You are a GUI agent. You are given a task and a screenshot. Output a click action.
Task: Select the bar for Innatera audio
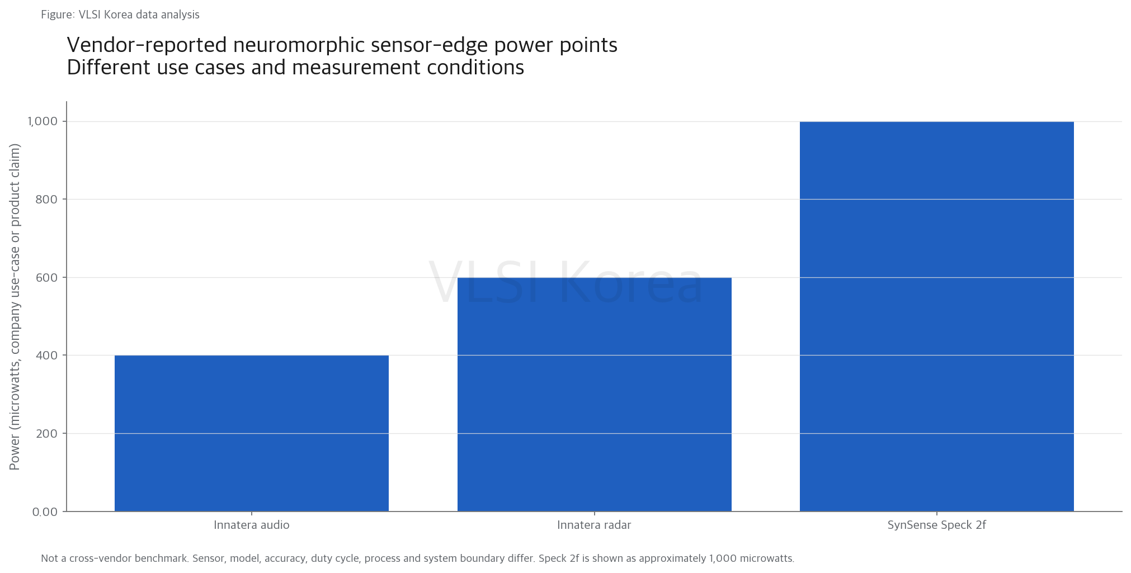point(252,433)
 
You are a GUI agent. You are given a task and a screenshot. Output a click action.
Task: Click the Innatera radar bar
point(595,394)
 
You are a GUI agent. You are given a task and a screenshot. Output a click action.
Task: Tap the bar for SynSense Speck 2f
point(937,316)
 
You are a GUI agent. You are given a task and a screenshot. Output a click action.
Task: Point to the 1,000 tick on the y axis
point(43,121)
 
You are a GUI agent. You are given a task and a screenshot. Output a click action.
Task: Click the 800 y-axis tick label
point(46,200)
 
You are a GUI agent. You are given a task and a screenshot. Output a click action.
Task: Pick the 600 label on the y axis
point(46,277)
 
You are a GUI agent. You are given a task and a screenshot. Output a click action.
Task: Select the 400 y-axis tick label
point(46,356)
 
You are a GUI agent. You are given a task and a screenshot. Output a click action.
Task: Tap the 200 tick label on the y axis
point(46,433)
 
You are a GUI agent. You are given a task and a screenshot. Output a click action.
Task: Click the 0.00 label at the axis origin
point(45,512)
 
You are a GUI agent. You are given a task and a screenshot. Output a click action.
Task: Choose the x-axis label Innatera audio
point(252,525)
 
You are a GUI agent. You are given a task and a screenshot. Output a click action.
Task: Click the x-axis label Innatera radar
point(594,525)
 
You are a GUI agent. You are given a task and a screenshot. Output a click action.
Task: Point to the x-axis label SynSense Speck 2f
point(937,525)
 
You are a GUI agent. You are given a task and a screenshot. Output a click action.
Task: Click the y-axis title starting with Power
point(15,307)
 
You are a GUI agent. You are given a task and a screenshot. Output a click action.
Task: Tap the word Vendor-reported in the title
point(147,45)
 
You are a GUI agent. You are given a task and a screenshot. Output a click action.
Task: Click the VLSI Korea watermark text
point(565,282)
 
